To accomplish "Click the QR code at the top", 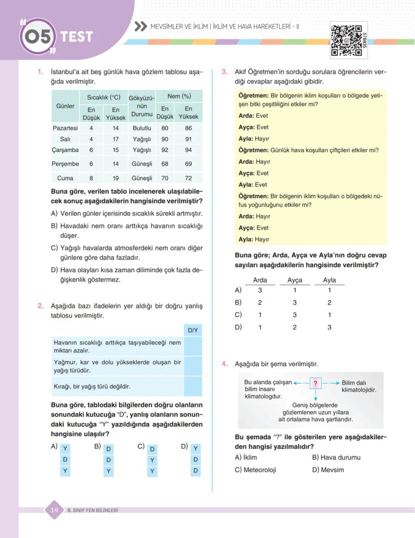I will click(346, 40).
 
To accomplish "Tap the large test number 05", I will click(37, 37).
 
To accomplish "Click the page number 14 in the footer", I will click(54, 510).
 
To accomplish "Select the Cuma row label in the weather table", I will click(65, 178).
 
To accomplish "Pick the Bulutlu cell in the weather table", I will click(142, 128).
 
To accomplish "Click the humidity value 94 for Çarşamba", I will click(188, 150).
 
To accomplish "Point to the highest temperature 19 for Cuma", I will click(115, 178).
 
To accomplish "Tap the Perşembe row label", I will click(65, 164).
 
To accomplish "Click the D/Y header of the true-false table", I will click(192, 330).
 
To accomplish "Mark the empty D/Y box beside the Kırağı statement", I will click(192, 387).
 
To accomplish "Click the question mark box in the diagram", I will click(315, 384).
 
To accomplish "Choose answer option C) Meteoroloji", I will click(256, 470).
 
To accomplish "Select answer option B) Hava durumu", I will click(336, 457).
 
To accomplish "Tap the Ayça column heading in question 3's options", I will click(295, 280).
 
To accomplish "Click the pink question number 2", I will click(41, 306).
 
